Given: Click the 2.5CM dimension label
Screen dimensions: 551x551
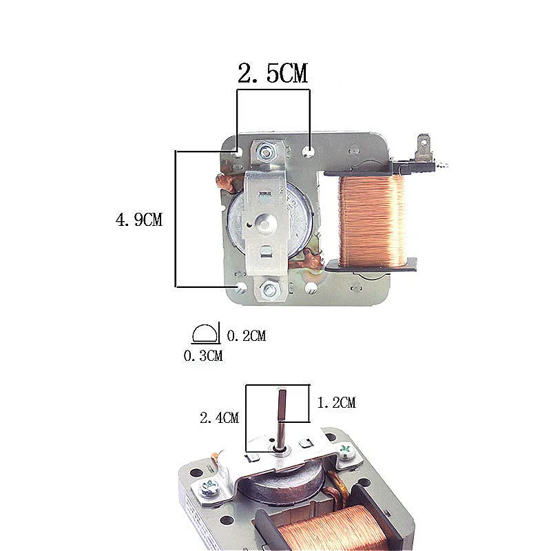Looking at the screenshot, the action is tap(273, 73).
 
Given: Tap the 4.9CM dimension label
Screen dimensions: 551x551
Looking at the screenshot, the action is tap(139, 220).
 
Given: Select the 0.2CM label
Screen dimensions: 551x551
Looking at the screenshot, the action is tap(247, 335).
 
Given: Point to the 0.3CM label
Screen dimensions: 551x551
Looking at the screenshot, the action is tap(203, 355).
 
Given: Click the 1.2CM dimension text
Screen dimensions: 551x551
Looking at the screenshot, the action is tap(337, 402).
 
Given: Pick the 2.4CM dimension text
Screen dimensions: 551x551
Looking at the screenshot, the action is tap(220, 418).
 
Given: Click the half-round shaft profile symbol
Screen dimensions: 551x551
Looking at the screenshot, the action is tap(204, 333).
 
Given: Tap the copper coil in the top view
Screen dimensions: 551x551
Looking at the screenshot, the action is tap(372, 220).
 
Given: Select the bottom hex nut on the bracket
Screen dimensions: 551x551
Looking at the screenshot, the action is tap(269, 290).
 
